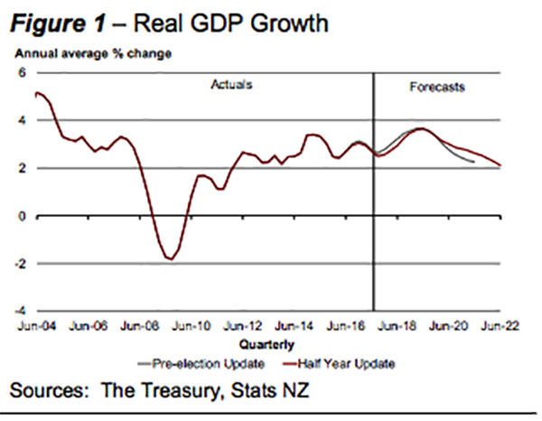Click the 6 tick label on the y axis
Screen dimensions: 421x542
point(23,72)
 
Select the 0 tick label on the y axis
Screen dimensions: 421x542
point(23,216)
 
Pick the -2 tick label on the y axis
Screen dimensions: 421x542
point(21,264)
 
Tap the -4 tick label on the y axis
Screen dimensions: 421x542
point(21,312)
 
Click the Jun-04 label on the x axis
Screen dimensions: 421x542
point(29,325)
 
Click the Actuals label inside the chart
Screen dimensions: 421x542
point(230,86)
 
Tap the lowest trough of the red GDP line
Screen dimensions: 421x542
point(169,260)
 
